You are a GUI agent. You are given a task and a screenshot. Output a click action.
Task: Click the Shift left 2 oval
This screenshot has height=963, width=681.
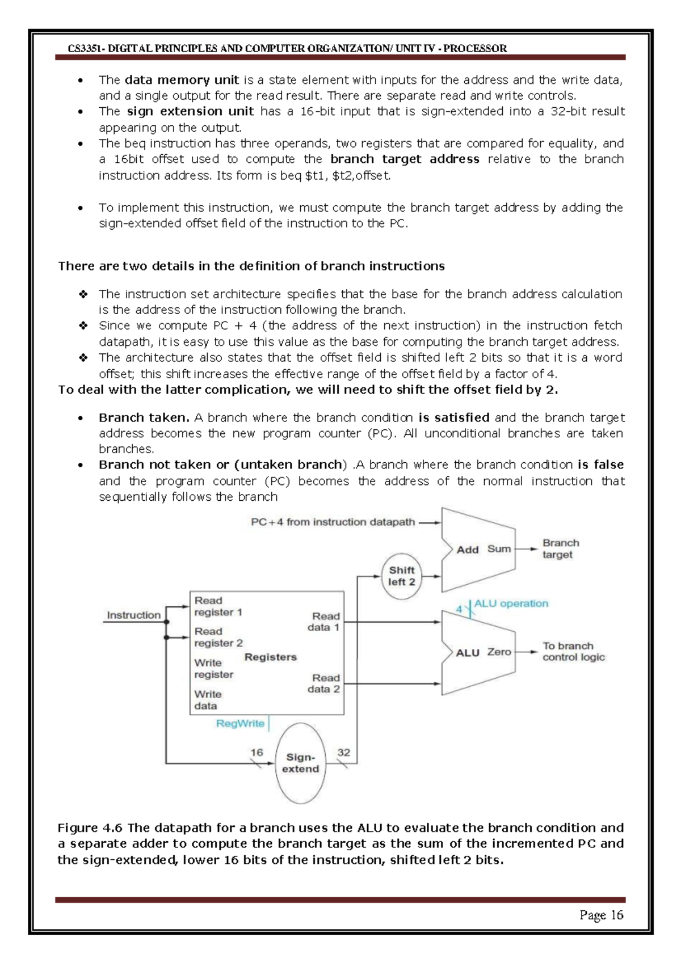(401, 576)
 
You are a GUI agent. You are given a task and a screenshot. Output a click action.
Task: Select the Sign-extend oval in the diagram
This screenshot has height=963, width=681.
(300, 763)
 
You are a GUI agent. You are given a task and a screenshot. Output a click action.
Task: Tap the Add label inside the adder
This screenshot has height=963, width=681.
(468, 550)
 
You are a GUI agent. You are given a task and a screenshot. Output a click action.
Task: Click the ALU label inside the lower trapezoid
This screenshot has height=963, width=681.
(468, 653)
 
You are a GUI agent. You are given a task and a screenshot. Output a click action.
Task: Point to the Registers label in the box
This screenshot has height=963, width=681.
(271, 657)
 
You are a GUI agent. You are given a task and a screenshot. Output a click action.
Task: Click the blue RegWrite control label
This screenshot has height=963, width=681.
(240, 724)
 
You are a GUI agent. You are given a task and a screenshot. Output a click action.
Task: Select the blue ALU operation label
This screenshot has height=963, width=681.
(511, 603)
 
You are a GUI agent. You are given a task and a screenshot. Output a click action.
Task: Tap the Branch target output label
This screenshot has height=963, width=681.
(560, 549)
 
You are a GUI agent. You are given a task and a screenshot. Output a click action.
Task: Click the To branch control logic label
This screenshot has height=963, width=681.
(573, 652)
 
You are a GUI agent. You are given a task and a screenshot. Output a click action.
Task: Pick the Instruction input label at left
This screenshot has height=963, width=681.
(133, 615)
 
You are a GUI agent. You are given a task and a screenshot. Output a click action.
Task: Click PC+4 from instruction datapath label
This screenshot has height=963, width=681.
(333, 522)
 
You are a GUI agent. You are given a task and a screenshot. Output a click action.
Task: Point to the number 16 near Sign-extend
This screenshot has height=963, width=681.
(257, 753)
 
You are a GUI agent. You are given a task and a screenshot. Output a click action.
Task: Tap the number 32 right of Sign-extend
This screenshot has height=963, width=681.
(344, 753)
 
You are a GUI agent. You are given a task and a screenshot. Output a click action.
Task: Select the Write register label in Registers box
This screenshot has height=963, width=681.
(213, 669)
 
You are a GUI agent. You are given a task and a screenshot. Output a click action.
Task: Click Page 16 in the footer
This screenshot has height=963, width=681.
(601, 915)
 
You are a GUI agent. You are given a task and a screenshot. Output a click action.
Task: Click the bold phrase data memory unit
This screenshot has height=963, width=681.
(182, 80)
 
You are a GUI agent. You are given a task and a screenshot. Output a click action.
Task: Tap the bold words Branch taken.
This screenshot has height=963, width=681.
(144, 418)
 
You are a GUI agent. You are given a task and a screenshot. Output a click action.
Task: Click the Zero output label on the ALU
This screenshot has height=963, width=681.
(499, 652)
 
